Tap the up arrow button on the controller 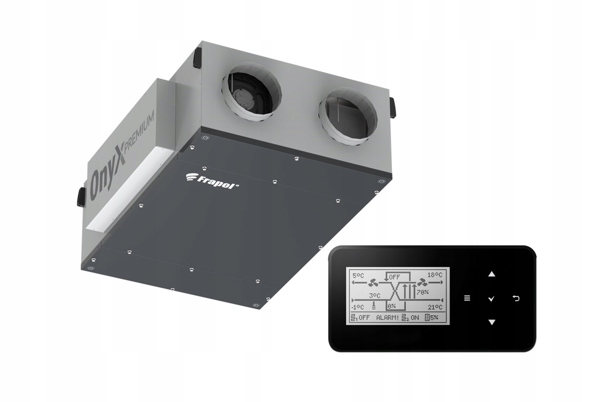coord(492,274)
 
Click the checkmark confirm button coord(491,299)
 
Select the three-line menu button coord(467,298)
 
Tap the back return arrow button coord(516,298)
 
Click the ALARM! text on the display coord(388,317)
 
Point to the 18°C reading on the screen coord(435,275)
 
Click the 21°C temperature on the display coord(435,307)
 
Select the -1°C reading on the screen coord(358,307)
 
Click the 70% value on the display coord(423,292)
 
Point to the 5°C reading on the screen coord(358,275)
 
